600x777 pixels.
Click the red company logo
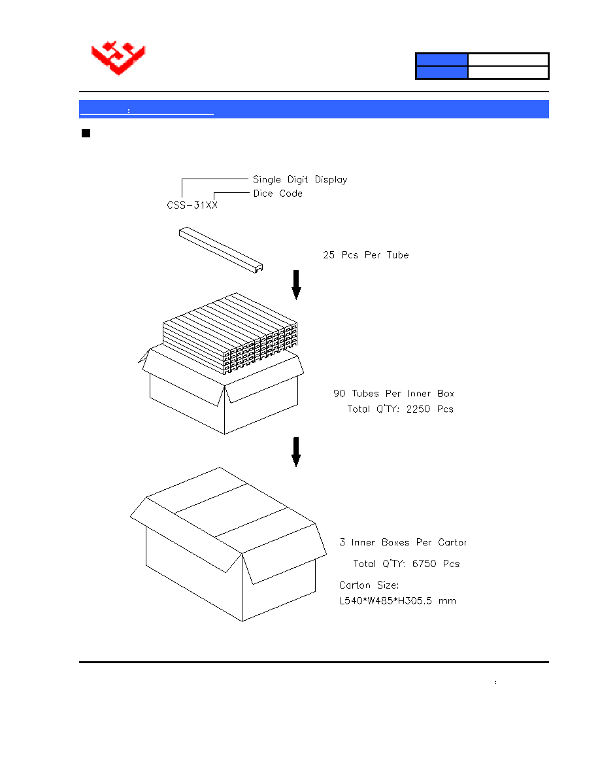pyautogui.click(x=118, y=58)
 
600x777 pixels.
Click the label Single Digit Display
pyautogui.click(x=300, y=179)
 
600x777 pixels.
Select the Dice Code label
pyautogui.click(x=278, y=193)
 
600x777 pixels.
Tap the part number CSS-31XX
pyautogui.click(x=192, y=205)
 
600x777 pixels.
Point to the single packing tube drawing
pyautogui.click(x=221, y=250)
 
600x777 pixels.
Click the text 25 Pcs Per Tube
pyautogui.click(x=366, y=254)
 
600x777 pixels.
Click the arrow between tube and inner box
pyautogui.click(x=296, y=285)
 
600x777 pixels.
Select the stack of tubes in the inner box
pyautogui.click(x=230, y=333)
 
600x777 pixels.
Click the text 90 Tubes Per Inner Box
pyautogui.click(x=393, y=394)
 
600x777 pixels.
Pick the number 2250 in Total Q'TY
pyautogui.click(x=418, y=409)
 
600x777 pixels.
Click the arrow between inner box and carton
pyautogui.click(x=296, y=452)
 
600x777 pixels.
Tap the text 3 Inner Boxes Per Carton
pyautogui.click(x=403, y=542)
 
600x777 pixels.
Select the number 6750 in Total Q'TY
pyautogui.click(x=424, y=563)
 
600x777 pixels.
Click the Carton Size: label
pyautogui.click(x=369, y=585)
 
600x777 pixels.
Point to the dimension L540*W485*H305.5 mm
pyautogui.click(x=397, y=600)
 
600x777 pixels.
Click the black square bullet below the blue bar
pyautogui.click(x=86, y=133)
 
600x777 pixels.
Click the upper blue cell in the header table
pyautogui.click(x=442, y=60)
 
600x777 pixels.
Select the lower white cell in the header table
pyautogui.click(x=508, y=73)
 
